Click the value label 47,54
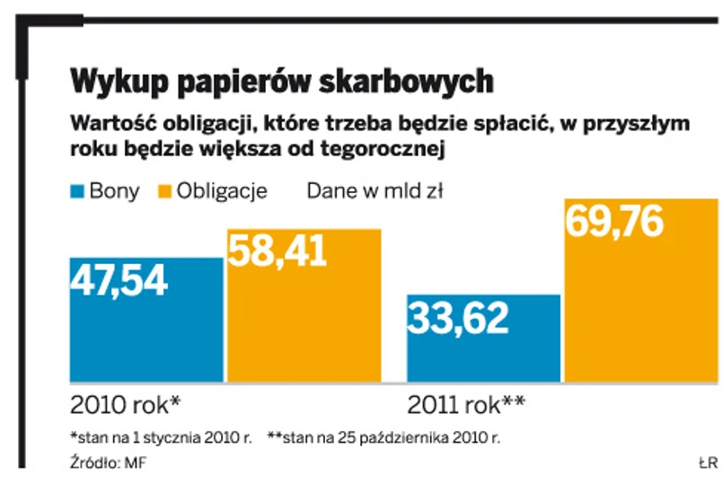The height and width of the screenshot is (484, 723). coord(119,281)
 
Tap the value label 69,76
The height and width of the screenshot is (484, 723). coord(615,221)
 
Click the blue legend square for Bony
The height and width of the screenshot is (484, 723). coord(77,191)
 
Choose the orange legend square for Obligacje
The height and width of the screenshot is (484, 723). coord(164,191)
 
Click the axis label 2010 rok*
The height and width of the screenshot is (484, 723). coord(125,403)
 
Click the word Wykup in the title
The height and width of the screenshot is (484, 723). coord(118,82)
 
